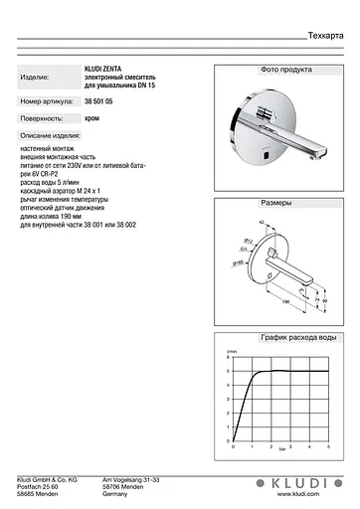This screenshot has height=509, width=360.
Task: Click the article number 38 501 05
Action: [x=98, y=101]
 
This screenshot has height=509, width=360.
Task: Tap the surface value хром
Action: [x=91, y=116]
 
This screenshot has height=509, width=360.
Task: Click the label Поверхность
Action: [x=41, y=116]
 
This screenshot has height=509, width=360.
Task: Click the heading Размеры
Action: [x=277, y=202]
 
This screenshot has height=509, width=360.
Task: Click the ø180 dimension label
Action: [x=240, y=262]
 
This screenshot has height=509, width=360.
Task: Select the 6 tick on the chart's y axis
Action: [x=229, y=360]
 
